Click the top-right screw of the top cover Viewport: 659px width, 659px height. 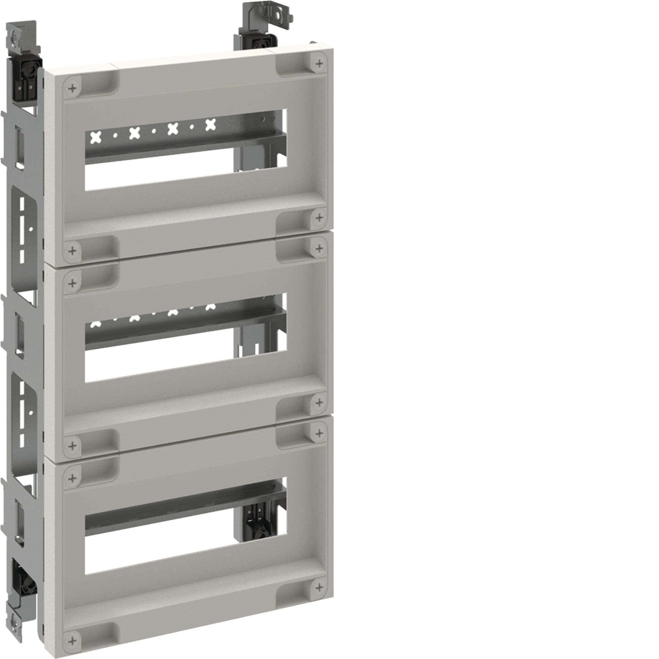coord(319,63)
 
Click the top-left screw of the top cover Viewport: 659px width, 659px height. coord(72,89)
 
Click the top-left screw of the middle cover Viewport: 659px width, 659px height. coord(72,283)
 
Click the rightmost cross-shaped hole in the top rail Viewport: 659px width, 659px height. coord(211,125)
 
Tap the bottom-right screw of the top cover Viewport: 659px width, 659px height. coord(319,218)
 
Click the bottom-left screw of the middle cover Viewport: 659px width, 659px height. coord(72,445)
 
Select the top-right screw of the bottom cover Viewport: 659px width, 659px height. coord(319,433)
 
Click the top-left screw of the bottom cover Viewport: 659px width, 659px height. coord(72,478)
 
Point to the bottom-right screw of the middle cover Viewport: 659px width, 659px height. coord(319,402)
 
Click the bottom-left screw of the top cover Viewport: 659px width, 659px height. coord(72,251)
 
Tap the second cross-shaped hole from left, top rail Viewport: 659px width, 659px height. coord(135,133)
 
